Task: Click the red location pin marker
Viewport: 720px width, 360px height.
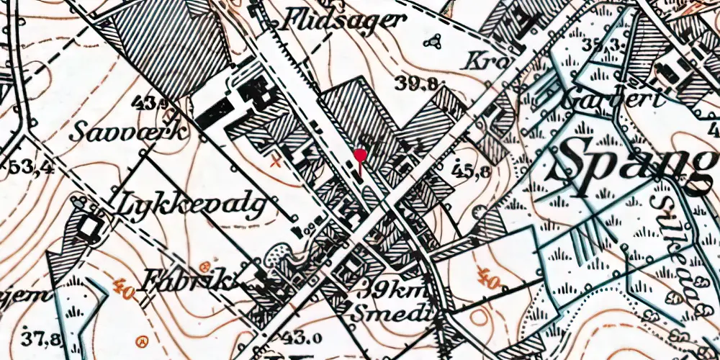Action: pyautogui.click(x=360, y=156)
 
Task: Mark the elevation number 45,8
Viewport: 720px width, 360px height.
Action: pyautogui.click(x=472, y=171)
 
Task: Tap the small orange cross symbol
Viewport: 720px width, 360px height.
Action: pyautogui.click(x=273, y=163)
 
